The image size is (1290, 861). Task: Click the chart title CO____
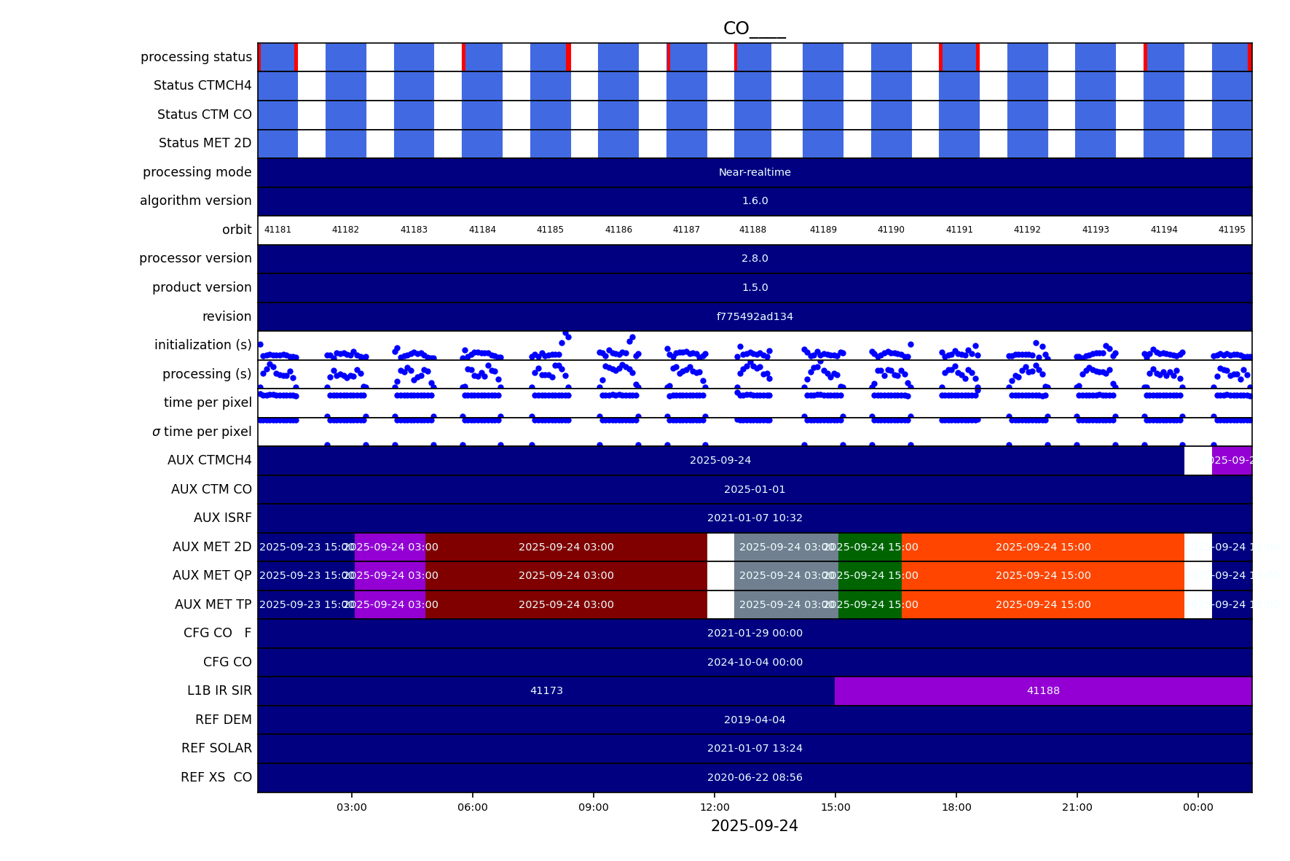pos(754,28)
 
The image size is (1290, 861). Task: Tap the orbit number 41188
pos(752,230)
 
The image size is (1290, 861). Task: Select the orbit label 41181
pos(278,230)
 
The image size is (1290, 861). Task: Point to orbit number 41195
pos(1232,230)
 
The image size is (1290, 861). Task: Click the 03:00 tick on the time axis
pos(352,807)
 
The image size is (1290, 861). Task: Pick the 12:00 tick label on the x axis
pos(715,807)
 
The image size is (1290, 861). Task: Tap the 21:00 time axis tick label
pos(1077,807)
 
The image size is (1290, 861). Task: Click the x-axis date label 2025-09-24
pos(754,826)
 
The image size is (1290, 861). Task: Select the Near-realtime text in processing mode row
pos(755,172)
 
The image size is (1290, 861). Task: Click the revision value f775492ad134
pos(755,316)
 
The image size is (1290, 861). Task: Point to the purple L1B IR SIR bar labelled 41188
pos(1043,690)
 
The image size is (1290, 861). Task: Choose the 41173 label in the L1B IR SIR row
pos(546,690)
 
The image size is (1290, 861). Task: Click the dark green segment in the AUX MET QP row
pos(870,575)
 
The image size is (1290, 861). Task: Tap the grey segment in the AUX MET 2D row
pos(786,547)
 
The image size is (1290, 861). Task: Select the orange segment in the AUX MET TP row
pos(1043,604)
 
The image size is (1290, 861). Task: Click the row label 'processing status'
pos(196,57)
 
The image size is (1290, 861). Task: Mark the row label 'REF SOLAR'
pos(216,748)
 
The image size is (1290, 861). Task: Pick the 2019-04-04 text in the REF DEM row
pos(755,720)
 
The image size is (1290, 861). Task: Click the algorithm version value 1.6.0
pos(755,200)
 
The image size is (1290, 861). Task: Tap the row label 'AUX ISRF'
pos(222,518)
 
